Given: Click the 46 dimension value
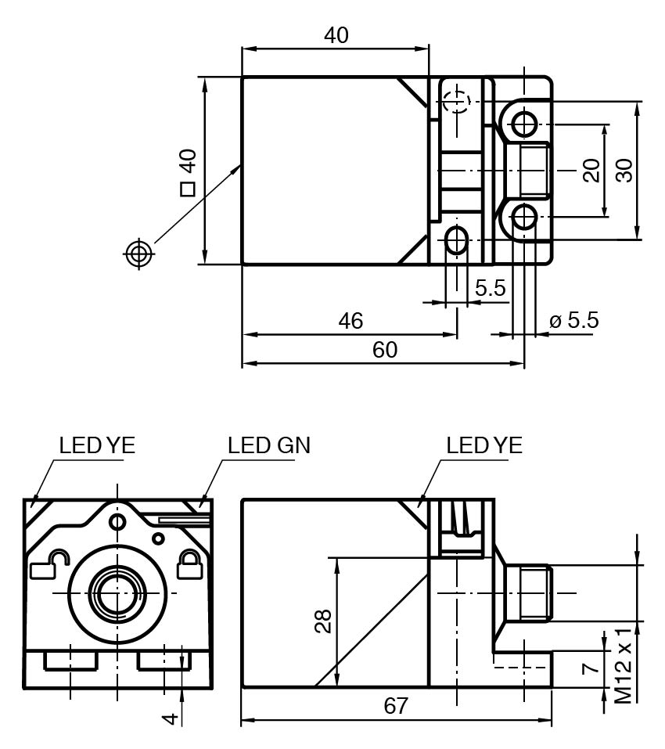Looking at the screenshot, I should click(x=350, y=321).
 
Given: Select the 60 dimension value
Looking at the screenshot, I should click(x=384, y=350).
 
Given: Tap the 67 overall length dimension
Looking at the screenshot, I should click(x=397, y=705).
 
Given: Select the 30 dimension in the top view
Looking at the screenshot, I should click(x=624, y=170).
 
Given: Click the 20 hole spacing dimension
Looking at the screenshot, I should click(x=591, y=170).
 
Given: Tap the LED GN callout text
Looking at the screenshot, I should click(x=269, y=445).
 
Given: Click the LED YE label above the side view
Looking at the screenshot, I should click(x=484, y=445).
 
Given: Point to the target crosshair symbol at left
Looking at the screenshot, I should click(x=138, y=253).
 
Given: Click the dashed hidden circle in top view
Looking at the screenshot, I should click(x=455, y=102).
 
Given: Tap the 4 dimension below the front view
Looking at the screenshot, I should click(x=172, y=716).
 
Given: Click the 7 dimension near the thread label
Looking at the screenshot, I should click(x=592, y=667).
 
